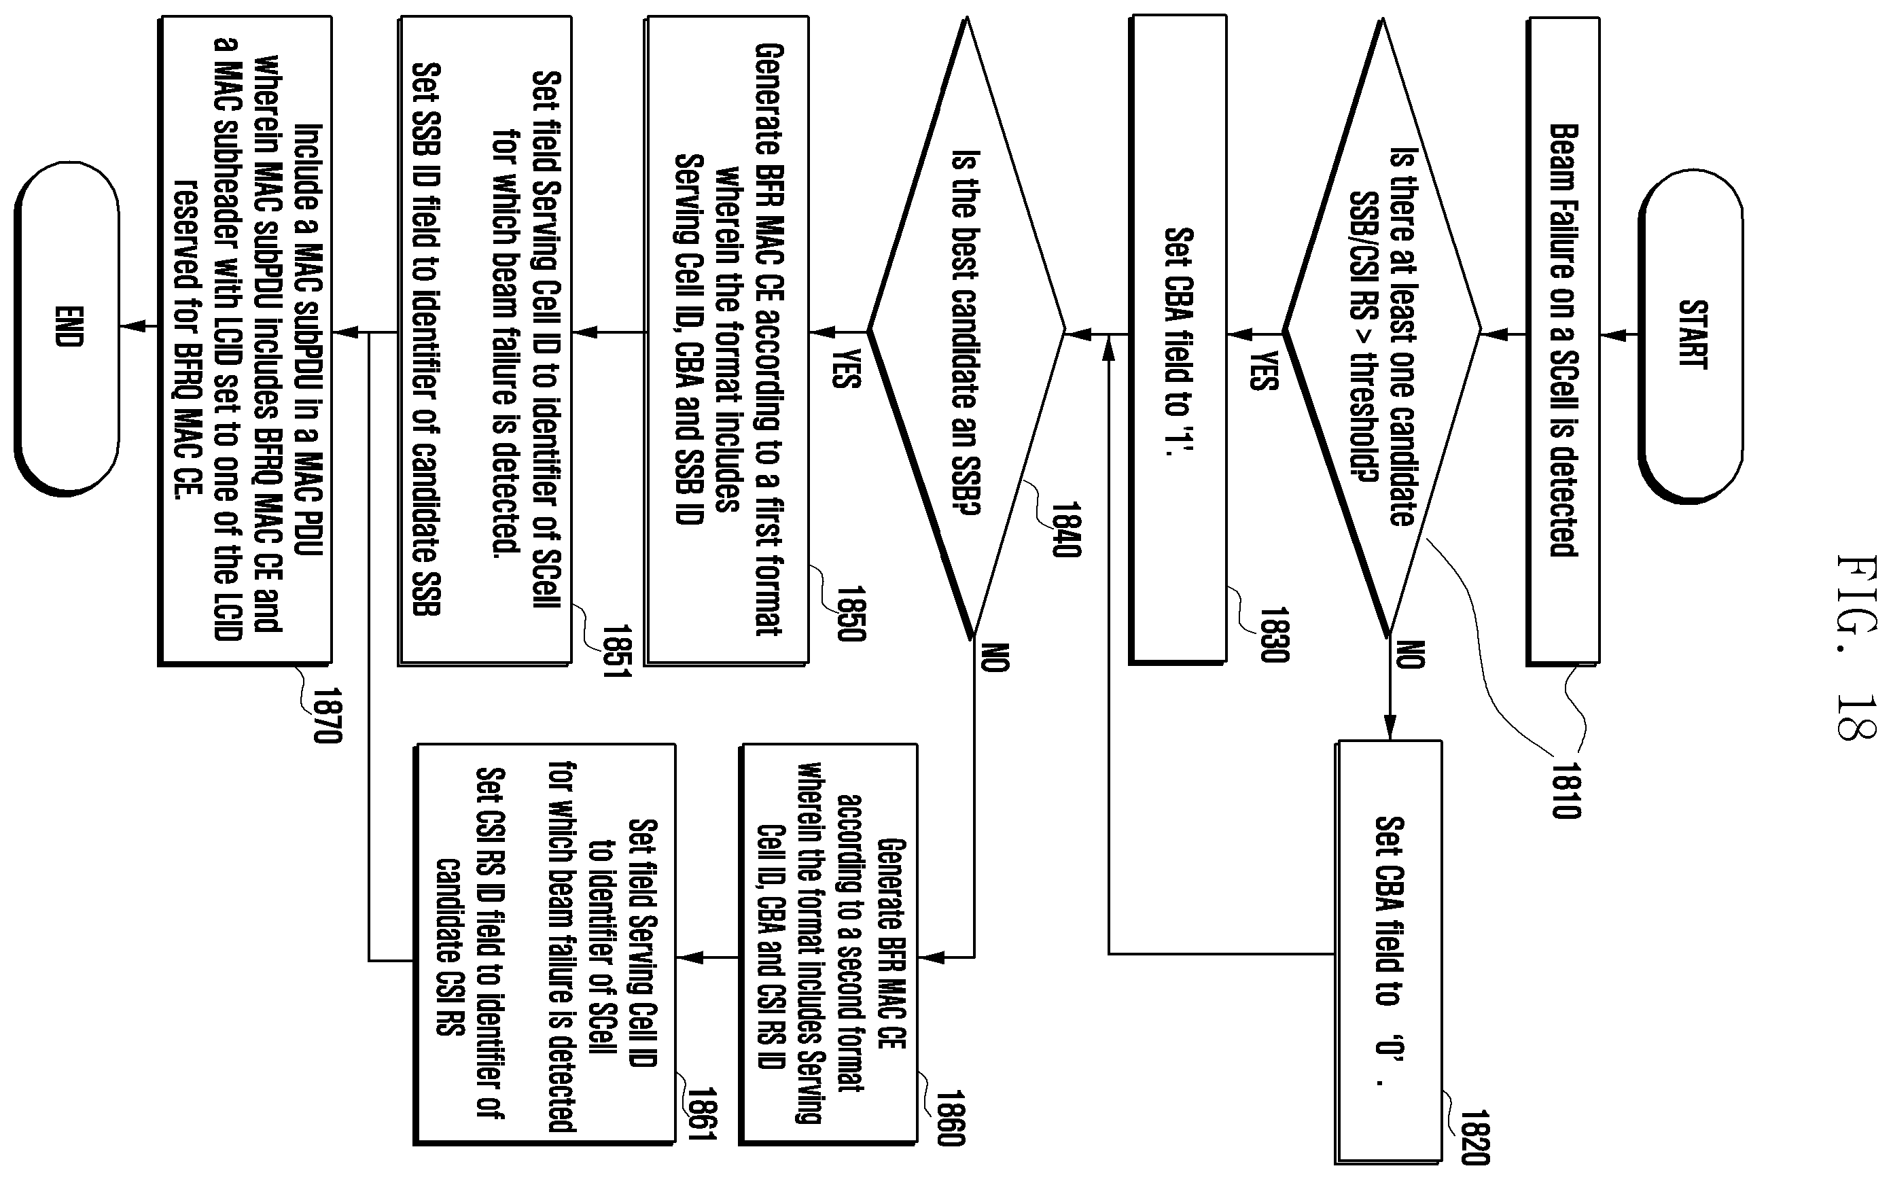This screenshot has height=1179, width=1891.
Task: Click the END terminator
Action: (68, 328)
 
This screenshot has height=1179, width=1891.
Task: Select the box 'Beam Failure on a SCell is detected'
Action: (1563, 340)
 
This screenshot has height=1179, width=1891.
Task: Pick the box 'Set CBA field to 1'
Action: (1178, 340)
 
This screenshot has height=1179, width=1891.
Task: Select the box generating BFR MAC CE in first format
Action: (727, 340)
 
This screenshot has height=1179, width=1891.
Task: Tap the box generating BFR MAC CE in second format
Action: (828, 945)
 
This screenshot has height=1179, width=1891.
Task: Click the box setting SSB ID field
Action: (485, 340)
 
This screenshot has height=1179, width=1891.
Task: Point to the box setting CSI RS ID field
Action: (544, 945)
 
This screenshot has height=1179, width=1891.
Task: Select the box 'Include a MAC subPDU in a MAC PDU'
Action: (245, 340)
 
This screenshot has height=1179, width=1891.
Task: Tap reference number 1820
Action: (1474, 1137)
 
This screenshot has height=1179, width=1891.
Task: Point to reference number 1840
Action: (1065, 529)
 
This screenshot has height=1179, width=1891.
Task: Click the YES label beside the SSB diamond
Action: (846, 368)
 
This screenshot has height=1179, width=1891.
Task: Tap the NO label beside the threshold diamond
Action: (1409, 655)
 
